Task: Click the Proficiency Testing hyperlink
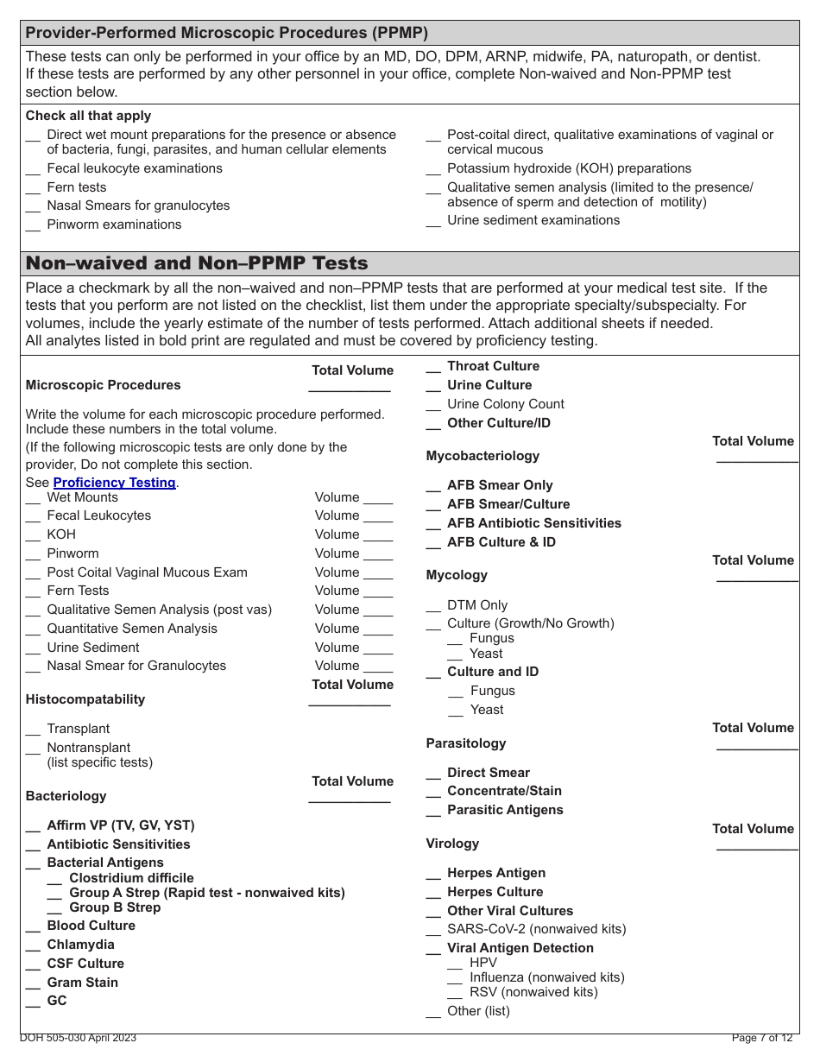point(114,483)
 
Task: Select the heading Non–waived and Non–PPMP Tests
point(197,263)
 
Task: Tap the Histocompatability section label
point(85,699)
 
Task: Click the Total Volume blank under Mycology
point(757,578)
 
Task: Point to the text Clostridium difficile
point(131,878)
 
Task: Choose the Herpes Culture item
point(495,892)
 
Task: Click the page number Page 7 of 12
point(761,1038)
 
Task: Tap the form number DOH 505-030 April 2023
point(78,1038)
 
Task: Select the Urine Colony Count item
point(505,404)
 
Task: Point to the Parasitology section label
point(466,743)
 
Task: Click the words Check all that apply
point(88,116)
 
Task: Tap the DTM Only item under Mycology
point(477,605)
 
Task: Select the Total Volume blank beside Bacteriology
point(349,800)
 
